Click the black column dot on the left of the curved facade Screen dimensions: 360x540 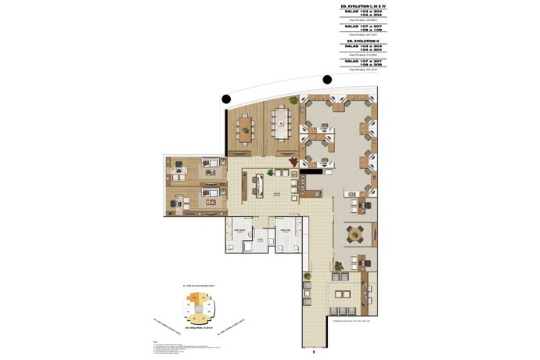point(226,99)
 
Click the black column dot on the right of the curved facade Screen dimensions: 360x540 point(327,79)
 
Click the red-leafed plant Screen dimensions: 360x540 point(293,161)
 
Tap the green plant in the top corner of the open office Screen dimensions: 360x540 point(293,100)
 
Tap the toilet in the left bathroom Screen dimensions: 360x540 point(231,247)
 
